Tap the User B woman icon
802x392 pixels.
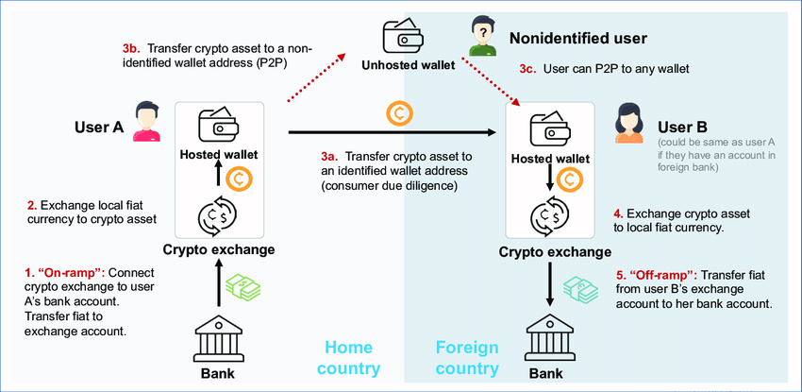[630, 125]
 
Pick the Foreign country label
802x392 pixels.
[466, 358]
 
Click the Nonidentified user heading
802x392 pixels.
[577, 39]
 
